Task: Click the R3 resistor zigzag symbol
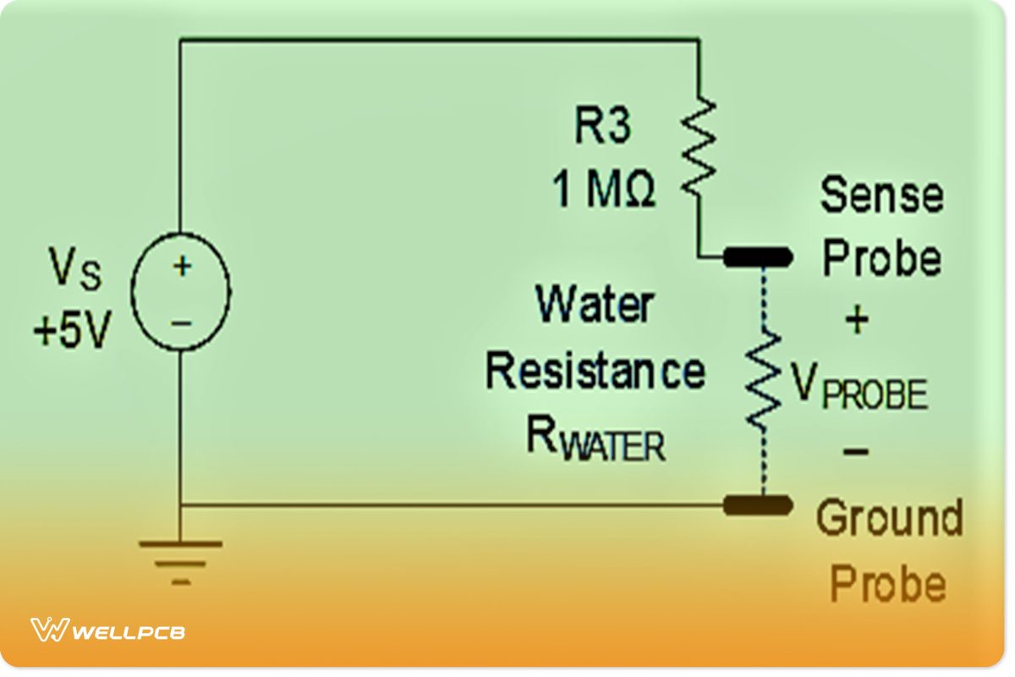[x=699, y=146]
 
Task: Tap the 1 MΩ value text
[x=604, y=191]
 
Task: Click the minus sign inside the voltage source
[x=182, y=322]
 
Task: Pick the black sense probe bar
[x=758, y=256]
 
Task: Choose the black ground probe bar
[x=758, y=505]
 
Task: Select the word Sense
[x=881, y=196]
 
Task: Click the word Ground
[x=889, y=518]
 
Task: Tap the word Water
[x=595, y=305]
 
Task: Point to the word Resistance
[x=595, y=372]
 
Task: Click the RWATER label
[x=595, y=439]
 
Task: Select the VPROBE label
[x=859, y=390]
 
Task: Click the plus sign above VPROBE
[x=856, y=321]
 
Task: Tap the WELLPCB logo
[x=108, y=630]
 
